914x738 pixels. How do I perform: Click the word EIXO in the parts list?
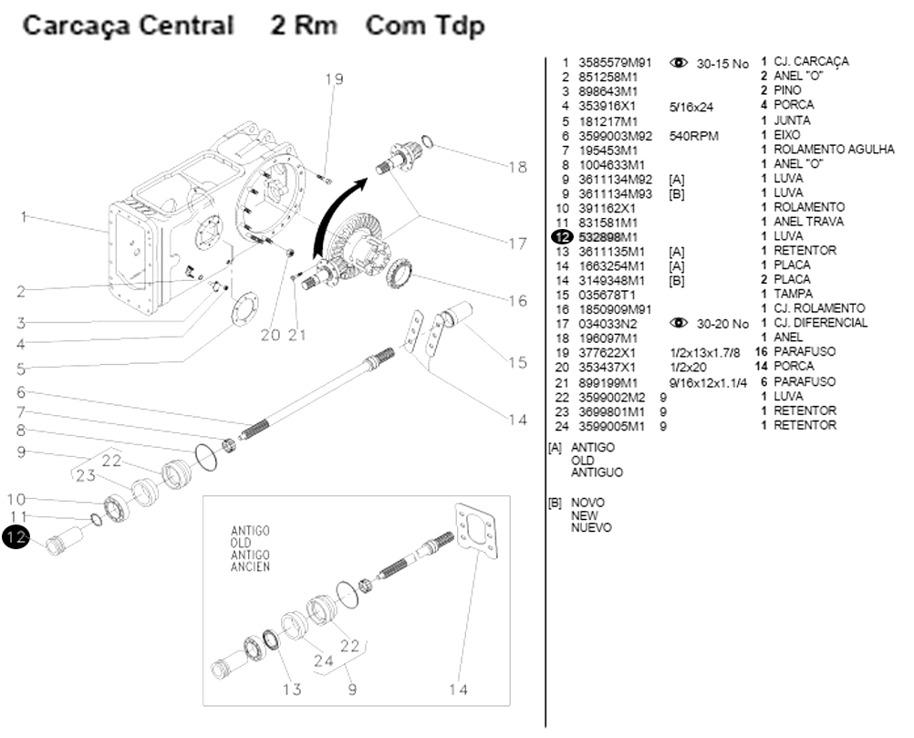pyautogui.click(x=787, y=135)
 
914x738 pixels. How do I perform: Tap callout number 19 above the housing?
pyautogui.click(x=334, y=79)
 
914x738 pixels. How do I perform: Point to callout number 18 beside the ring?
pyautogui.click(x=517, y=168)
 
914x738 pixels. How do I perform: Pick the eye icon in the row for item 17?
pyautogui.click(x=679, y=323)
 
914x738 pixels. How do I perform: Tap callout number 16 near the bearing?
pyautogui.click(x=517, y=301)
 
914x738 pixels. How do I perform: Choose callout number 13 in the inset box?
pyautogui.click(x=291, y=690)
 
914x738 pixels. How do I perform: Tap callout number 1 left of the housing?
pyautogui.click(x=25, y=217)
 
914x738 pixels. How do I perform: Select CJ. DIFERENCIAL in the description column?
pyautogui.click(x=821, y=324)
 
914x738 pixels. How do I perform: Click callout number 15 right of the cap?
pyautogui.click(x=517, y=363)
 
